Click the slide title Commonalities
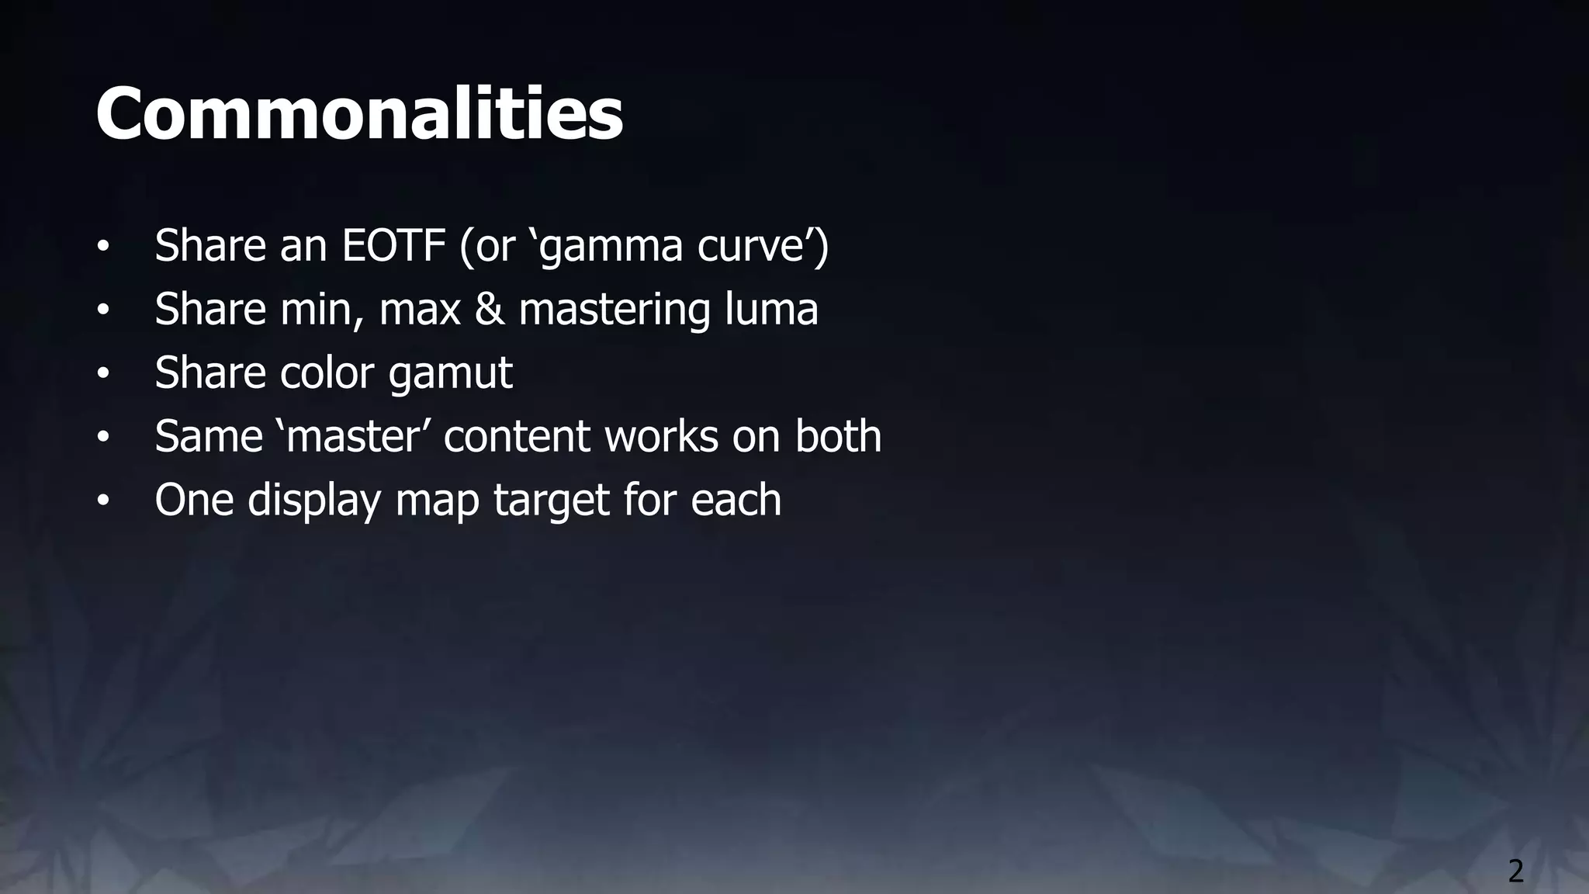359,114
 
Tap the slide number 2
1515,871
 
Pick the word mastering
614,310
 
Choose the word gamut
450,374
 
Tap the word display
314,501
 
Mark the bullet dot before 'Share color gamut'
103,374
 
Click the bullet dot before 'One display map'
103,501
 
